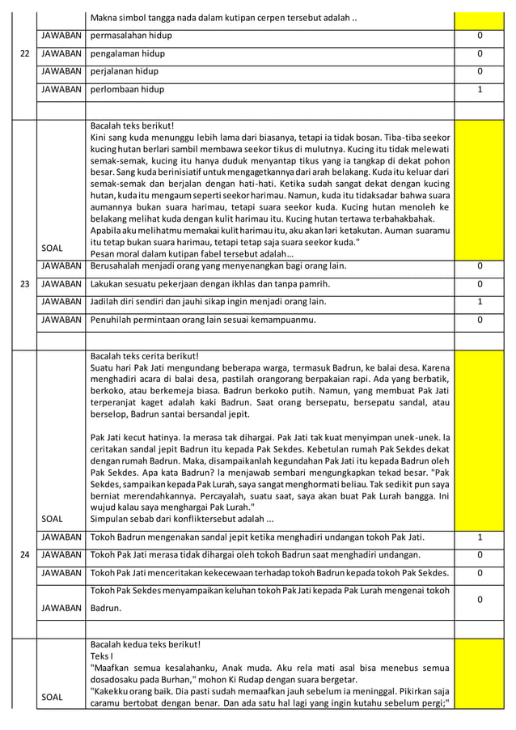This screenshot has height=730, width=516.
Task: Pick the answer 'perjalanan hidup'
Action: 127,71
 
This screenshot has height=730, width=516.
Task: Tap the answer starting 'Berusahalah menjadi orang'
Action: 218,265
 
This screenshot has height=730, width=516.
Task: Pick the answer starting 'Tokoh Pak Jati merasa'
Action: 255,554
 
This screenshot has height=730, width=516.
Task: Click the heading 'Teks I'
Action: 102,656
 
